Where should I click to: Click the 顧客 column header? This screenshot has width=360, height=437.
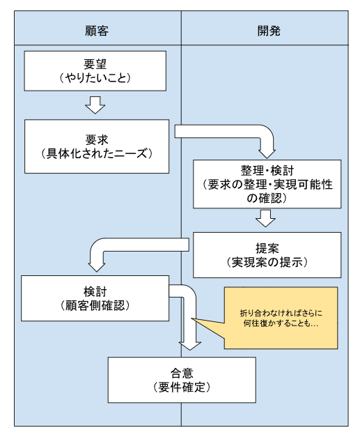pos(97,31)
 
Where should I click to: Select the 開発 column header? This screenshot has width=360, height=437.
pos(264,31)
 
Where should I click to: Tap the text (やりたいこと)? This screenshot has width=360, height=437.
pos(97,79)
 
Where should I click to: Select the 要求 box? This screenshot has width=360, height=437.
pos(97,146)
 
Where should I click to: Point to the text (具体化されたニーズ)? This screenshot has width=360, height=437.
pos(97,154)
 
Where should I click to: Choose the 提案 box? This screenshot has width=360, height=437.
pos(267,255)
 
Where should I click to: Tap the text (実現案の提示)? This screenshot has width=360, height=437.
pos(267,263)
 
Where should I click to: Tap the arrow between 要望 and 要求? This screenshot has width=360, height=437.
pos(95,105)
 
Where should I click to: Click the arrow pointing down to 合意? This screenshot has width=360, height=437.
pos(189,328)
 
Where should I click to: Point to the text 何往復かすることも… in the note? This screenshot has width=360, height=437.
pos(280,324)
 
